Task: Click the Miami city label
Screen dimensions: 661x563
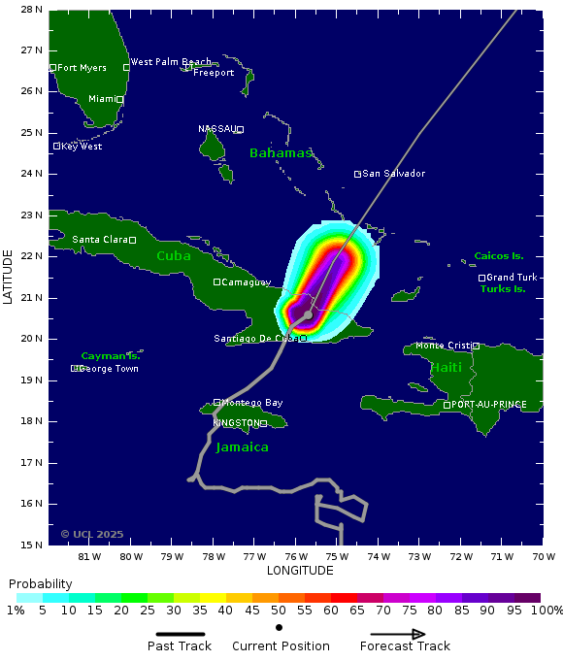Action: [101, 99]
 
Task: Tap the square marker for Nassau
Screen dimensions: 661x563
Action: [240, 129]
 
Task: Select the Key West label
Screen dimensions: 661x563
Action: [81, 147]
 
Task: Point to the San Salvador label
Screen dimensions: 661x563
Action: [393, 174]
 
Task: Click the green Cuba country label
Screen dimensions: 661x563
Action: [174, 256]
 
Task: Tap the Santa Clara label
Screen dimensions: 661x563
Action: [99, 240]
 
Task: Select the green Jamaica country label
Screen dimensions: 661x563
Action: [242, 447]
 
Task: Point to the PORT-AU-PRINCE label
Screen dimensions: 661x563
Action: [489, 405]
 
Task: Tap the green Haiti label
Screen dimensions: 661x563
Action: [447, 368]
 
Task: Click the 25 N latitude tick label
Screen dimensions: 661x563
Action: [31, 133]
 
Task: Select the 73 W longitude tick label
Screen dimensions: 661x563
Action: [419, 557]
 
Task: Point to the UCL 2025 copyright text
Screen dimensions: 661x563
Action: [91, 534]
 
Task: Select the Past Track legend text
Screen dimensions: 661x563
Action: [180, 646]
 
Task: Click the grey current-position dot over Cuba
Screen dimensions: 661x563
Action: [309, 314]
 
